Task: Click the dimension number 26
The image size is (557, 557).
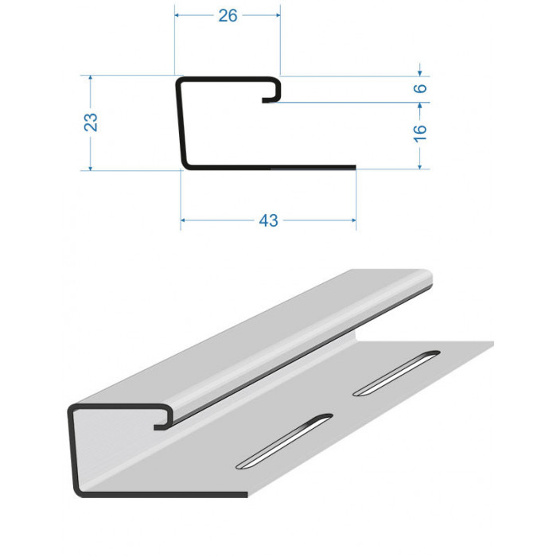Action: click(x=228, y=16)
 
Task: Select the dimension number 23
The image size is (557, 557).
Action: click(x=91, y=123)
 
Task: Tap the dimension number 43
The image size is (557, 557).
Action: click(x=268, y=220)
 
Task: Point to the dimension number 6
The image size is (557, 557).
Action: click(x=420, y=88)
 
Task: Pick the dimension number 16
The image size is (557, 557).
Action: click(x=420, y=134)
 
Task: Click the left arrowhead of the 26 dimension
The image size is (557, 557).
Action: click(x=177, y=15)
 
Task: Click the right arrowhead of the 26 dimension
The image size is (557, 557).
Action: click(x=278, y=15)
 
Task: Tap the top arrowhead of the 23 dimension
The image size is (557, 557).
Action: click(x=91, y=78)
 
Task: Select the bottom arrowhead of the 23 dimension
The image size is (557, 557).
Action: click(x=91, y=168)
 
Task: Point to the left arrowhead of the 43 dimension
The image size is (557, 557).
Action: click(x=182, y=220)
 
